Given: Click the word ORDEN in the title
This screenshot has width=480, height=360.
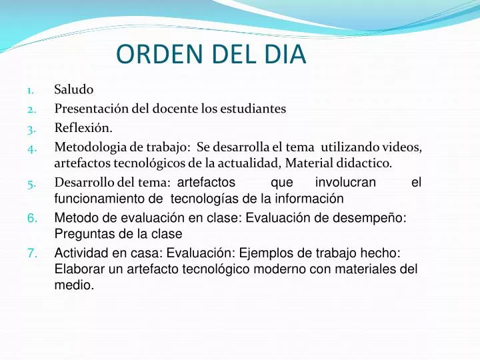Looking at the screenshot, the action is [160, 54].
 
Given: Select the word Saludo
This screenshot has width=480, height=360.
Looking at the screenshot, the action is [74, 89].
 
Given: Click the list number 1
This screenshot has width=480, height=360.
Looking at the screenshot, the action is [30, 91].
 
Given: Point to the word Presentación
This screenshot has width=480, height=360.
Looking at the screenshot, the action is [92, 109].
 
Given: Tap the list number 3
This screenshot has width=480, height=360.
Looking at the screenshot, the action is [31, 130].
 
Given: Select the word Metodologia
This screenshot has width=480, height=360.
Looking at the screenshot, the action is [91, 147].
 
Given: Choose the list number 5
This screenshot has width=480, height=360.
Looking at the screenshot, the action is [31, 184].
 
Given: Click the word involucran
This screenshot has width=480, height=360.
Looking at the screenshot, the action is [345, 182].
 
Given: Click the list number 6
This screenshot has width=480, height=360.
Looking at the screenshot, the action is [32, 218].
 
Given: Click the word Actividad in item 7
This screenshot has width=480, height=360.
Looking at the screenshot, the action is [81, 253].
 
